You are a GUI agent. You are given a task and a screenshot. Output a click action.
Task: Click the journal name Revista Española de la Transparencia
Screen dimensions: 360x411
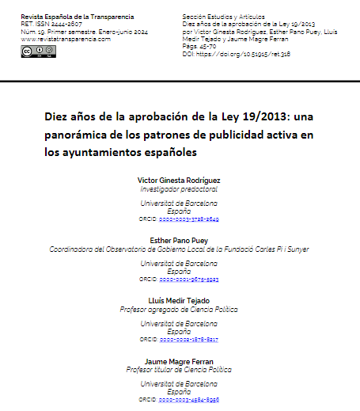click(78, 17)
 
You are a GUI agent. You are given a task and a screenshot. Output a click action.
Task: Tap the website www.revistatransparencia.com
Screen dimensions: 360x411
click(66, 38)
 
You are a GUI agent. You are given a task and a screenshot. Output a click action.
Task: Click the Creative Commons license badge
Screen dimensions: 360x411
click(39, 51)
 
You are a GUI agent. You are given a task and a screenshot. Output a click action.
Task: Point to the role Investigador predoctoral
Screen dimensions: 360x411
click(180, 191)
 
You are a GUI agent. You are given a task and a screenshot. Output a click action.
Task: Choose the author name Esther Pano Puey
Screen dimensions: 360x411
click(180, 241)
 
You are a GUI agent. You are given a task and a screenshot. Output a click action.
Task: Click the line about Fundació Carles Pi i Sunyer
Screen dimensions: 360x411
click(180, 249)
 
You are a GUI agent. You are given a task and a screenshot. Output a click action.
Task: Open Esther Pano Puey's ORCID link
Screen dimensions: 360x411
click(188, 279)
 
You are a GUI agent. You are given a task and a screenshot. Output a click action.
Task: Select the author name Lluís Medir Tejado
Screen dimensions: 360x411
click(180, 300)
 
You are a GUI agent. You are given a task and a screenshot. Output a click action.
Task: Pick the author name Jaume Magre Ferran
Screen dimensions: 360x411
click(180, 361)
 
